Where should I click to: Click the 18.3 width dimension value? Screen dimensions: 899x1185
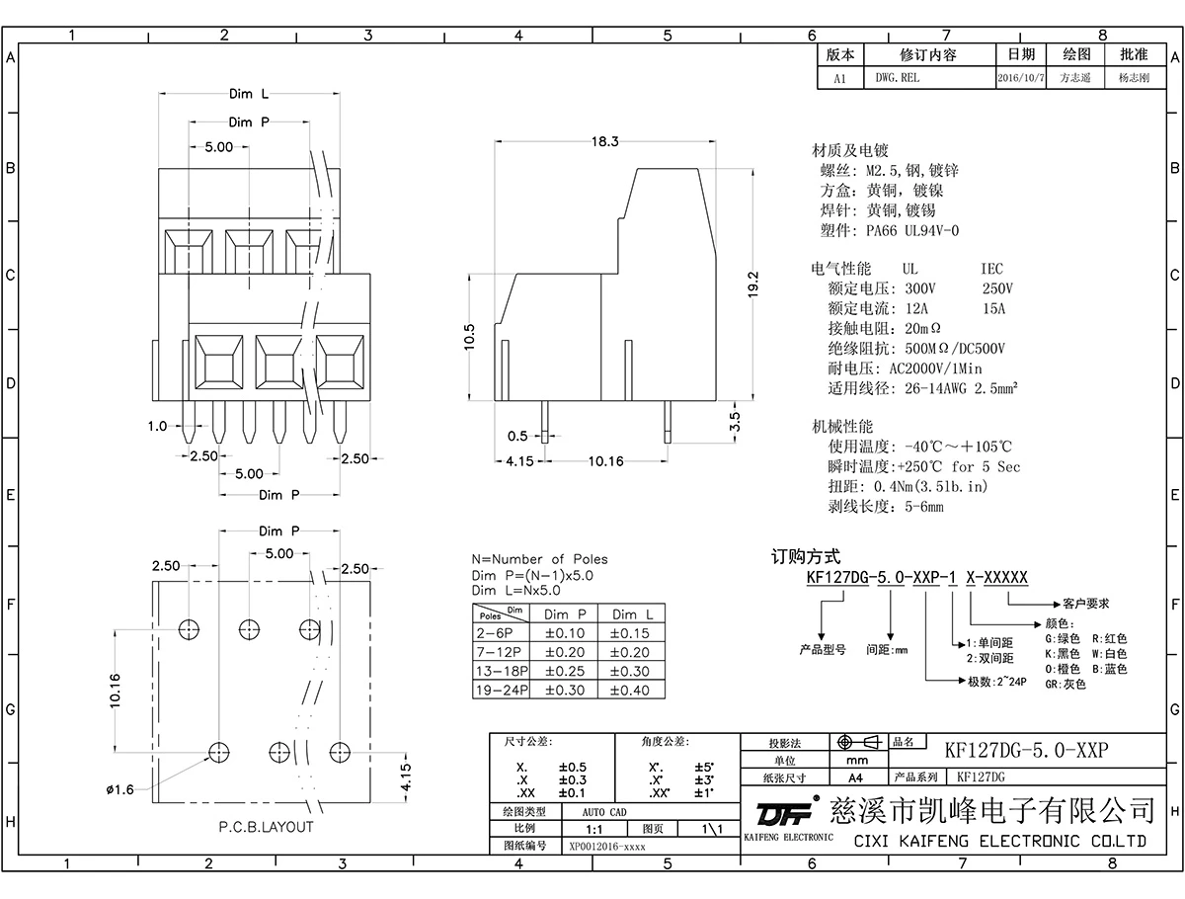[604, 141]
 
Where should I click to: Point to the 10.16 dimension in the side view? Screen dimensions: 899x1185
[606, 461]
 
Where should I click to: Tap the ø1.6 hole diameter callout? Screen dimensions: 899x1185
[120, 788]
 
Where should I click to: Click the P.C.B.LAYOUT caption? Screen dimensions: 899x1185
[266, 827]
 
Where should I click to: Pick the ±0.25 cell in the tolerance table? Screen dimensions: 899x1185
[565, 671]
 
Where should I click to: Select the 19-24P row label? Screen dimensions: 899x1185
[502, 690]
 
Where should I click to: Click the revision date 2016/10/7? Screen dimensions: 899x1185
[1021, 77]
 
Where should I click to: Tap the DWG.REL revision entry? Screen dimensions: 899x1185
[897, 77]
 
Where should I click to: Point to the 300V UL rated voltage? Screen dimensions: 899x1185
[919, 288]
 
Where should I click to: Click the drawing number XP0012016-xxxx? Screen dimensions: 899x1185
[607, 847]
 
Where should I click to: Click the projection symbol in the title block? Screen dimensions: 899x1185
[855, 742]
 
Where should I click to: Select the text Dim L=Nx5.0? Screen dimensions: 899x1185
[515, 590]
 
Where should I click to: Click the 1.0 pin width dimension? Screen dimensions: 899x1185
[157, 427]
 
